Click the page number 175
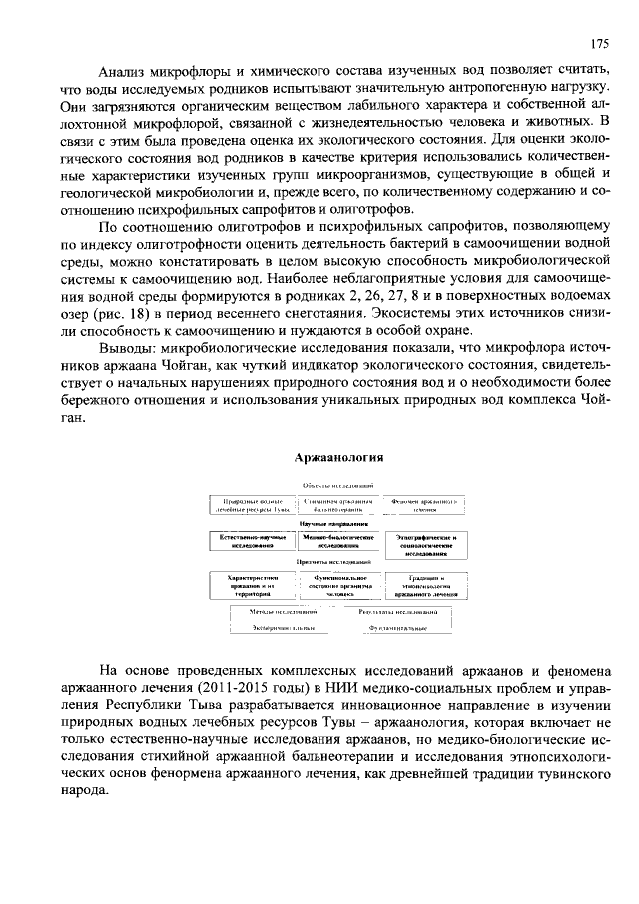tap(598, 44)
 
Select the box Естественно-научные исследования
tap(246, 542)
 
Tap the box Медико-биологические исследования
tap(336, 542)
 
